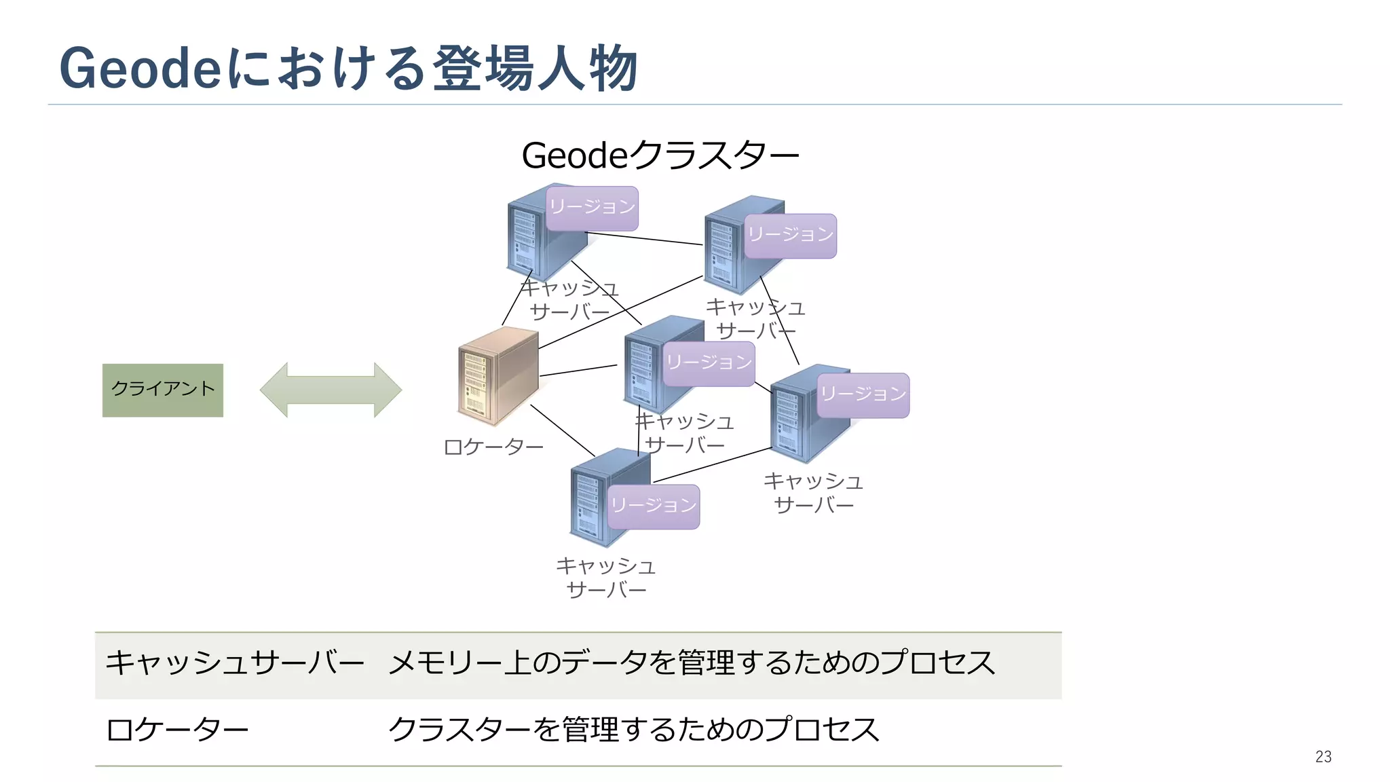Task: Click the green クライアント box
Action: (x=162, y=390)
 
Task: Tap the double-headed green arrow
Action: (x=331, y=390)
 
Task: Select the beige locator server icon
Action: (x=497, y=375)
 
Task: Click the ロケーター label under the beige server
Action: (x=493, y=447)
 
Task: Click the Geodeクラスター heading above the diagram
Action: (x=660, y=155)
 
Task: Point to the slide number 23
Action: (x=1323, y=756)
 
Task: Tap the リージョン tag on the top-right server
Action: (x=790, y=236)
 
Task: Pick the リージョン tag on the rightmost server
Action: (x=863, y=394)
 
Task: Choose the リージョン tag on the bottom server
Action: (x=653, y=506)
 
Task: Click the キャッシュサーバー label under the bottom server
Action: (x=605, y=578)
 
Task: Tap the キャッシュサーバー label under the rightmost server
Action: (x=813, y=493)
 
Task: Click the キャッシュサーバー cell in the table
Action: (x=235, y=663)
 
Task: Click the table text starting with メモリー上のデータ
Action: (x=691, y=663)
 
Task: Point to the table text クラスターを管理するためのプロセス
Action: (x=633, y=730)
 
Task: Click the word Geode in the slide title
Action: (x=140, y=69)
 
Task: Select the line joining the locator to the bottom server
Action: (x=563, y=430)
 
